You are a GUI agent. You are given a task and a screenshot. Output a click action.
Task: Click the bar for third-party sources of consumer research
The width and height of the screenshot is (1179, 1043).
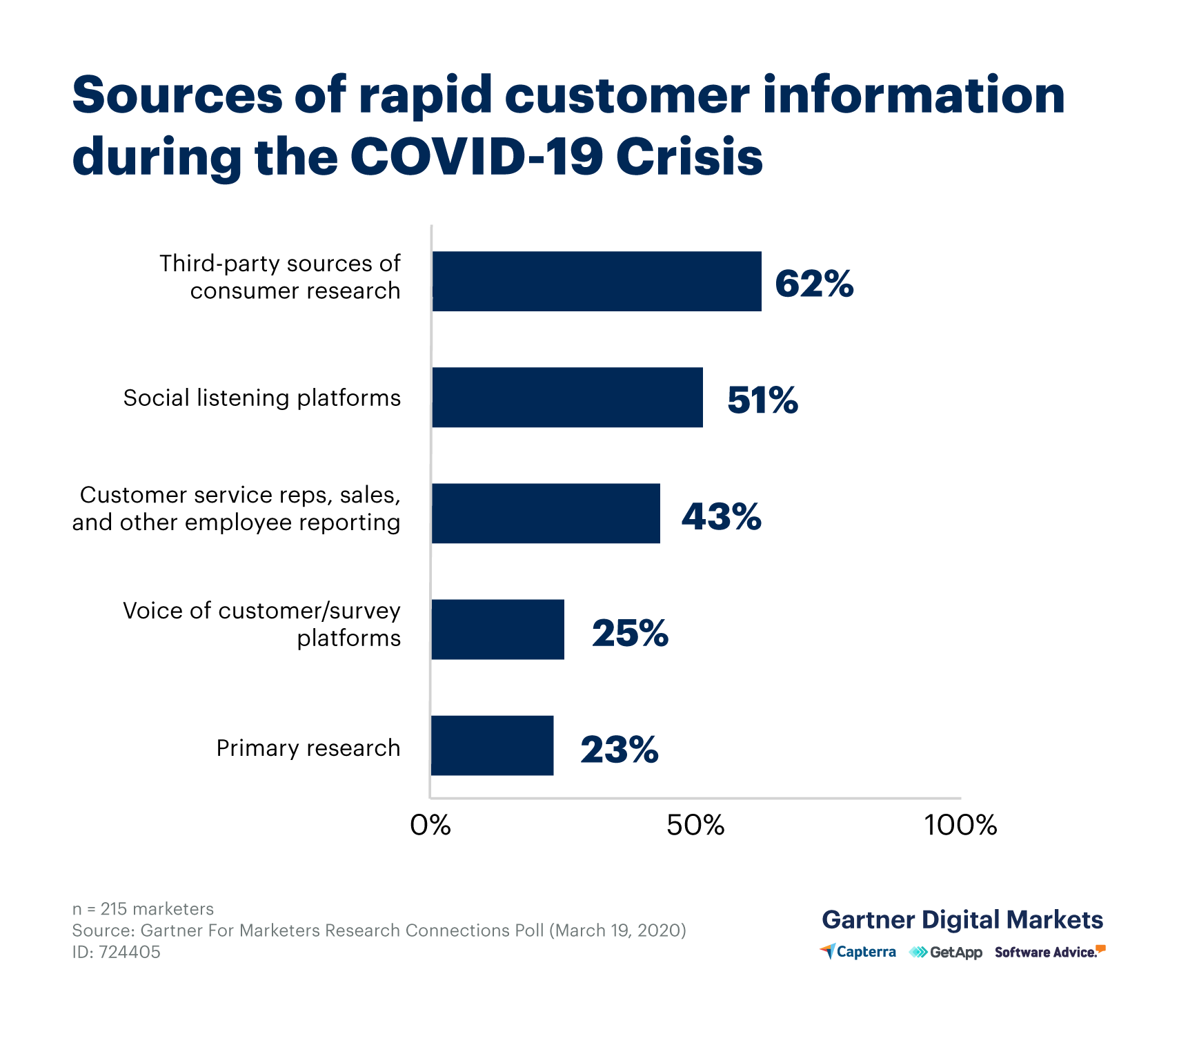(597, 281)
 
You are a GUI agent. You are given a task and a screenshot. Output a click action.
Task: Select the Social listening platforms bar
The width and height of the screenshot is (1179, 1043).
(567, 397)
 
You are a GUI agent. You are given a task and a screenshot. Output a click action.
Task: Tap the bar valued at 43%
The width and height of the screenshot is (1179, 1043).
(546, 513)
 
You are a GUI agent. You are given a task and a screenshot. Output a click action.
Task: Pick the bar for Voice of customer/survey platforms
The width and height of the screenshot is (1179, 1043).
(497, 629)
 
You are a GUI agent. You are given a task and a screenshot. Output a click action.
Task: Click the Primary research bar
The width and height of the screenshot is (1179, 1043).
(492, 745)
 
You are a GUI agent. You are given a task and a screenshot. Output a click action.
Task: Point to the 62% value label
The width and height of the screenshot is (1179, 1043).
(814, 284)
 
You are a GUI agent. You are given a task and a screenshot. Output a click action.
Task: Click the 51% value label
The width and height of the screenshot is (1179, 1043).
(762, 400)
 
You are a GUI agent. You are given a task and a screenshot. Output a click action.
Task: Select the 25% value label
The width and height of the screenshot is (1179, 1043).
(630, 632)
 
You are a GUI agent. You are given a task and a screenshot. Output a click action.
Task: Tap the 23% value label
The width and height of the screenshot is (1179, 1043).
(620, 749)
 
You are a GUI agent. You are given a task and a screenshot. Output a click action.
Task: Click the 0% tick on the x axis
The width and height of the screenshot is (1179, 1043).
(430, 825)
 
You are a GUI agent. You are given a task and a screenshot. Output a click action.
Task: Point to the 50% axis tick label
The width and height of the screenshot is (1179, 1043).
(695, 825)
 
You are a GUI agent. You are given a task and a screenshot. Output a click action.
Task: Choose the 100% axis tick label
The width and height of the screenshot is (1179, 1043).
(960, 825)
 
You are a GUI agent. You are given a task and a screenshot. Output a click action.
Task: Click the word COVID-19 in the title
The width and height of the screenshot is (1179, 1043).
(476, 156)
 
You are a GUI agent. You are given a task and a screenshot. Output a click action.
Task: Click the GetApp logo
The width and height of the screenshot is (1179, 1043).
(946, 953)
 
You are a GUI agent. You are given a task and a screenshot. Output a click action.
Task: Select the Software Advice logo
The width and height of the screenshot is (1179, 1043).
(1049, 952)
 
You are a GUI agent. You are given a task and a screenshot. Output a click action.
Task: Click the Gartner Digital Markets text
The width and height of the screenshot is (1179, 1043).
(962, 919)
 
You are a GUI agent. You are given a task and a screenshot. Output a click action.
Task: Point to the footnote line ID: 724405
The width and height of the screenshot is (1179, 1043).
(117, 952)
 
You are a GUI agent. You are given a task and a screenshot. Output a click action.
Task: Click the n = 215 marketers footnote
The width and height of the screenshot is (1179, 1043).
(143, 908)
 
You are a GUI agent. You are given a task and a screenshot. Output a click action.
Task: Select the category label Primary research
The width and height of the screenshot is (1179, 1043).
(308, 748)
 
